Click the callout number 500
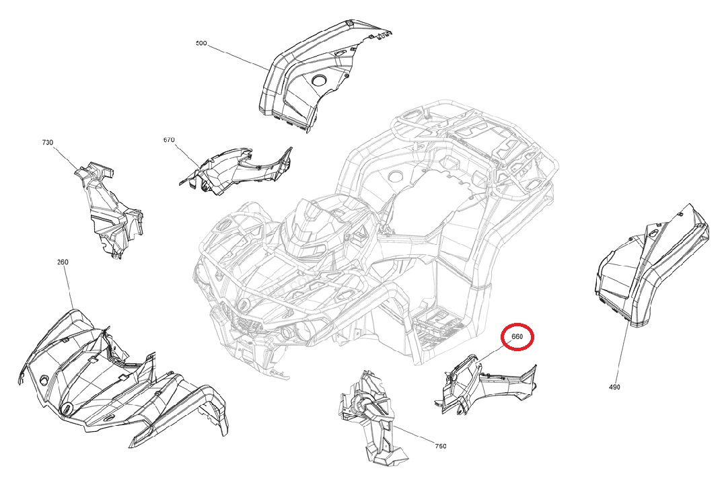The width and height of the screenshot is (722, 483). pyautogui.click(x=201, y=43)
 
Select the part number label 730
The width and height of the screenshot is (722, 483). pyautogui.click(x=47, y=143)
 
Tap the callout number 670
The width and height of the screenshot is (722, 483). pyautogui.click(x=169, y=139)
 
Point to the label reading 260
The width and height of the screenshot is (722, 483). pyautogui.click(x=63, y=262)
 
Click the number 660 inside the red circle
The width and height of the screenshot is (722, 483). pyautogui.click(x=517, y=336)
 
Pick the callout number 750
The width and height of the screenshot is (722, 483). pyautogui.click(x=441, y=446)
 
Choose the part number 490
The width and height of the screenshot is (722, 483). pyautogui.click(x=614, y=387)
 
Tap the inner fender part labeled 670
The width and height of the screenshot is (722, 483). pyautogui.click(x=235, y=170)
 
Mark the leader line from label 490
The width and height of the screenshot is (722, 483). pyautogui.click(x=622, y=354)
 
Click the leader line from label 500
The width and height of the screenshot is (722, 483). pyautogui.click(x=238, y=58)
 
